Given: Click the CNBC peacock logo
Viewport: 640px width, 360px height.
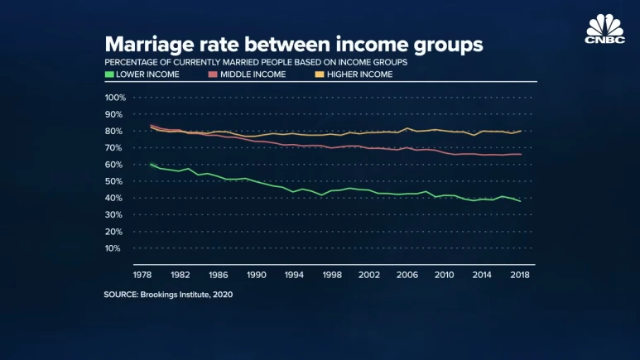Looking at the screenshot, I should point(604,26).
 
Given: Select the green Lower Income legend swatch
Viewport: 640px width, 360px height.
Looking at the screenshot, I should point(108,74).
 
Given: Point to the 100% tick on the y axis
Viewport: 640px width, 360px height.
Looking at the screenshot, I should point(114,98).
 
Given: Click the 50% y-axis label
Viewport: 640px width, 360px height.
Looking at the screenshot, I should point(116,181).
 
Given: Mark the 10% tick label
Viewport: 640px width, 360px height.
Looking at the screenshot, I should point(116,248).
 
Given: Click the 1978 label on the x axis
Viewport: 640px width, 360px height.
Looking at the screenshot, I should point(142,274).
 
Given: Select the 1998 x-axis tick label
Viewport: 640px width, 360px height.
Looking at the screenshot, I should point(332,274).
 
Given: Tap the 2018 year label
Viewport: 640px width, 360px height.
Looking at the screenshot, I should point(521,274).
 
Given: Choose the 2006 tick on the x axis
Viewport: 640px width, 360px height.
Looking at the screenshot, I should point(407,274).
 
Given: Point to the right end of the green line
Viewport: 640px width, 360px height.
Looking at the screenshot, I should point(520,201).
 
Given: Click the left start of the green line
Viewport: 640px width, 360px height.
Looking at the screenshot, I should point(150,164).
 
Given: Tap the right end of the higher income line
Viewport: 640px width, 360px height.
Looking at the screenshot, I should point(520,131).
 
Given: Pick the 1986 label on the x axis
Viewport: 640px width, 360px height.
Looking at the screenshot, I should point(219,274).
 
